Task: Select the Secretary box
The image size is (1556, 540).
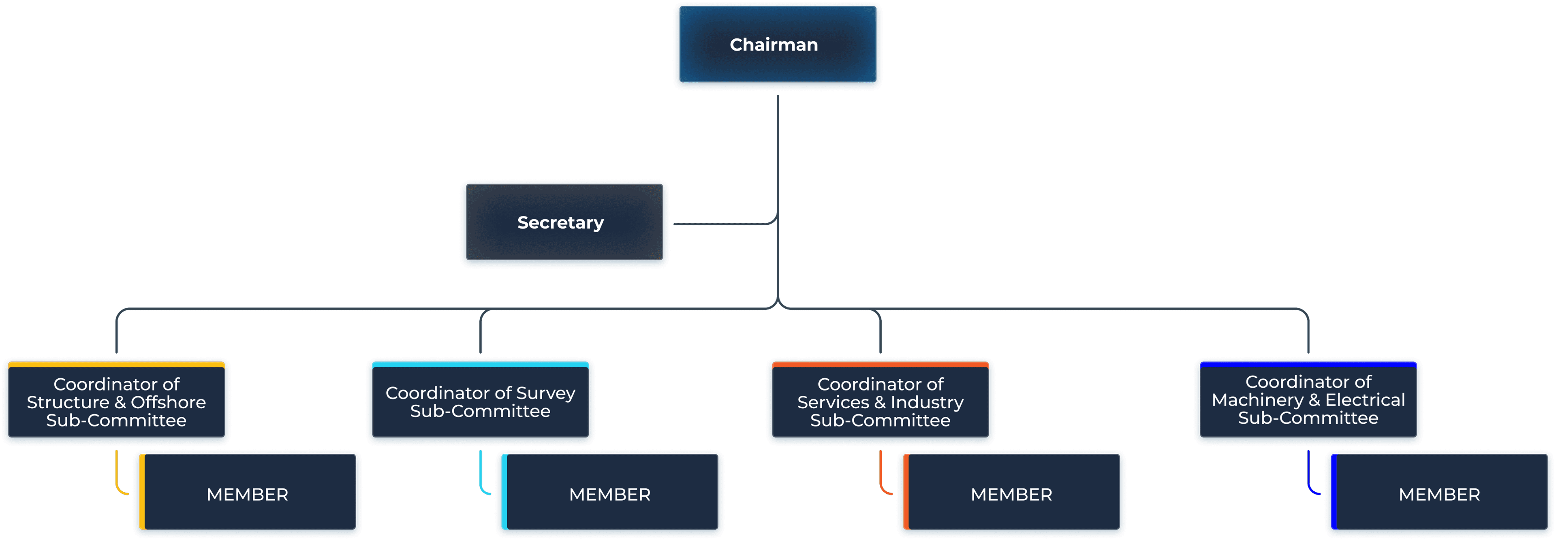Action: tap(564, 223)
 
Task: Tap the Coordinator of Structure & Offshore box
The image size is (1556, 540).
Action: tap(117, 402)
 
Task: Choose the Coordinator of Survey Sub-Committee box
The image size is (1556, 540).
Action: tap(480, 402)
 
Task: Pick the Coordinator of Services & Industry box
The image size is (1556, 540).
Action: tap(880, 402)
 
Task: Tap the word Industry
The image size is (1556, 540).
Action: tap(927, 402)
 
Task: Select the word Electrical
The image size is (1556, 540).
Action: tap(1365, 400)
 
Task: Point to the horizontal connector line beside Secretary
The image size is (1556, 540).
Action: tap(722, 224)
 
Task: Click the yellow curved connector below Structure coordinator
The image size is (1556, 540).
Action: tap(118, 477)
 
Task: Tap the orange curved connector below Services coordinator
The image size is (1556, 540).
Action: tap(881, 477)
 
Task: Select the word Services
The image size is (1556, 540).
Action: tap(833, 402)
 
